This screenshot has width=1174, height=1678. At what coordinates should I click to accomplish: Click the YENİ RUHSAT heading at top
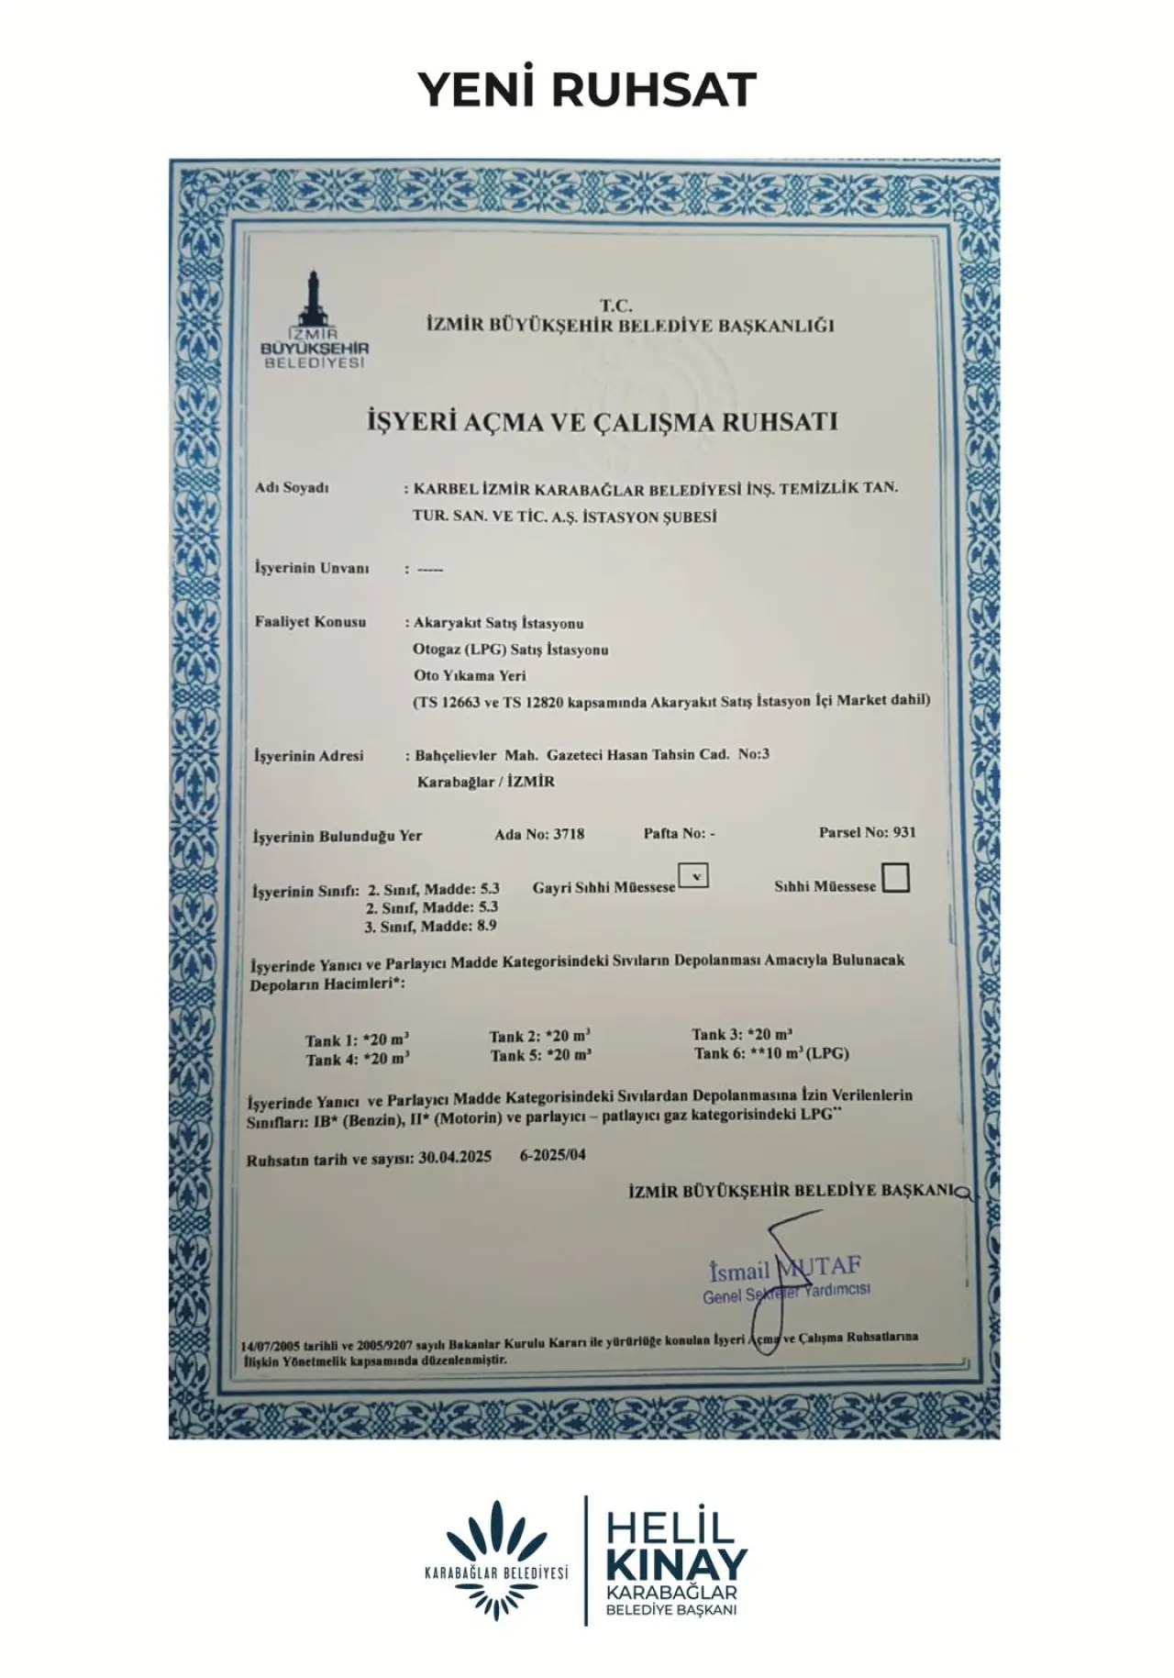coord(587,89)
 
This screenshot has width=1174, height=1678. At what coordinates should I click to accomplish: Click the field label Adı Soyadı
coord(292,488)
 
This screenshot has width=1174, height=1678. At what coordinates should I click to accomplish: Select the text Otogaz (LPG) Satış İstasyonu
coord(511,650)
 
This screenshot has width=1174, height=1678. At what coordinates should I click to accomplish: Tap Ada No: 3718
coord(539,834)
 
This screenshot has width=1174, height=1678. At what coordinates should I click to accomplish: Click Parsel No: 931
coord(867,832)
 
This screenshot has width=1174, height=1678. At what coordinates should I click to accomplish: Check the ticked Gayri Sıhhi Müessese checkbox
coord(694,877)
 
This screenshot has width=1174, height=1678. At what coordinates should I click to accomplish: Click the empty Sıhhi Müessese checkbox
coord(894,879)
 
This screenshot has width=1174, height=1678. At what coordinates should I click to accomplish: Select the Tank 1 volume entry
coord(357,1040)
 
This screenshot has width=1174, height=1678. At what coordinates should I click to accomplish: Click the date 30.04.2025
coord(454,1157)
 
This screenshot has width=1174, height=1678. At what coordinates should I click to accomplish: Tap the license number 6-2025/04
coord(552,1155)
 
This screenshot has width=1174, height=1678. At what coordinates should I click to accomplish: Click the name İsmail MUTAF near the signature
coord(785,1270)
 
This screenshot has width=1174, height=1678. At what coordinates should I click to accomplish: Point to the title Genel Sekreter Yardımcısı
coord(786,1294)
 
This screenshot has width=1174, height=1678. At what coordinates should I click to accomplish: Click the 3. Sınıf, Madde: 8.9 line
coord(431,926)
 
